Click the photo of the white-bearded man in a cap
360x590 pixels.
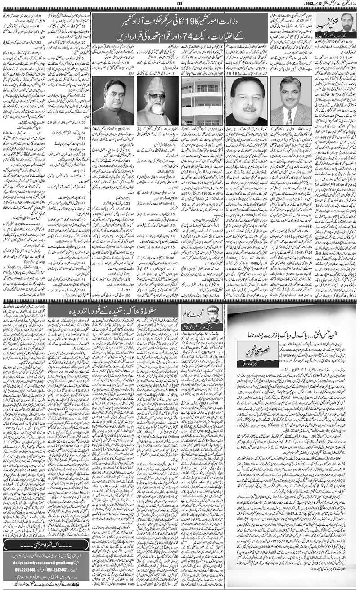[154, 101]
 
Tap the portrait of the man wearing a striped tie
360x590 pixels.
[288, 101]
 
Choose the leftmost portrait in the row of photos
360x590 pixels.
[110, 101]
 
